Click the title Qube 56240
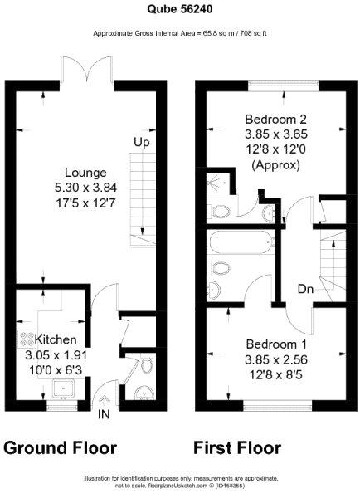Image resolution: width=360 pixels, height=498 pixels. coord(180,9)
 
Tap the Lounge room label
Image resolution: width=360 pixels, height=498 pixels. coord(85,173)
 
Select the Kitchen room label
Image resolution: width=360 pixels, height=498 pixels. coord(56,339)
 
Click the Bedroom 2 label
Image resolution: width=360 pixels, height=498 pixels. coord(276,120)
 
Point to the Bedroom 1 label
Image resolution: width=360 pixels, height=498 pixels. coord(276,344)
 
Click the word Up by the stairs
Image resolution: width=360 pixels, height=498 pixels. coord(141,143)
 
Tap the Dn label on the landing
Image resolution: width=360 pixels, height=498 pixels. coord(305,289)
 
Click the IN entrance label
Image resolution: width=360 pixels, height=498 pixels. coord(105,414)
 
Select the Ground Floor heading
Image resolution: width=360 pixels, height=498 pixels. coord(61,448)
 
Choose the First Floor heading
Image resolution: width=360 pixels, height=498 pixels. coord(237,448)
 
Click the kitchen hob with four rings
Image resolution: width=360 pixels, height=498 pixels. coord(27,339)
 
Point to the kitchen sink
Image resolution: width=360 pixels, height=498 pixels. coord(64,388)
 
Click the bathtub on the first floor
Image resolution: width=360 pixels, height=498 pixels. coord(241,242)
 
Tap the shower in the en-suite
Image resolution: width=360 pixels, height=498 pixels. coord(218,183)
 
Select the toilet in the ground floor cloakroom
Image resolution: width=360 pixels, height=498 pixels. coord(146,365)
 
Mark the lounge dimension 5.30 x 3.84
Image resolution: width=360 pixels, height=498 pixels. coord(85,188)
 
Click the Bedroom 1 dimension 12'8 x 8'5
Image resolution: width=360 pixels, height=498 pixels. coord(276,375)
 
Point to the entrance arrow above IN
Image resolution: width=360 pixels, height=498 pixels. coord(105,402)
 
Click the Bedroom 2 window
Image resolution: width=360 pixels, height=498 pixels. coord(283,83)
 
